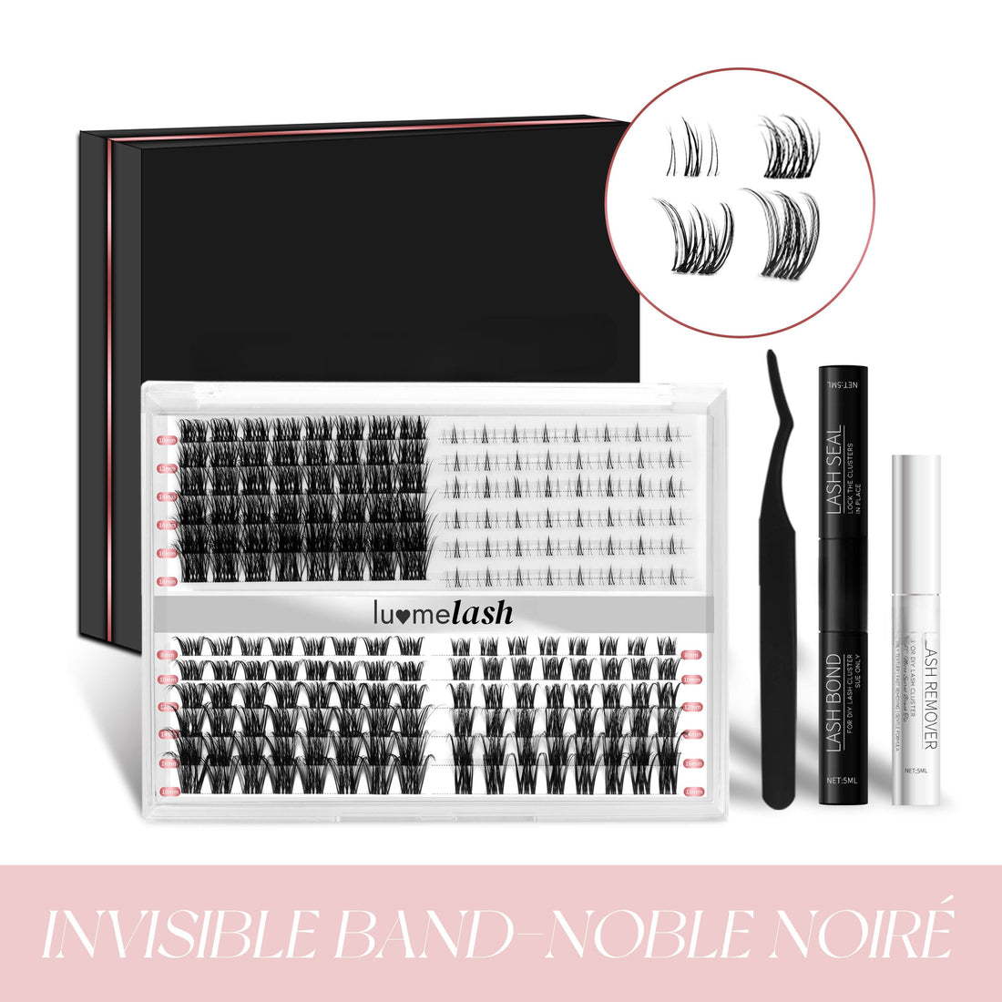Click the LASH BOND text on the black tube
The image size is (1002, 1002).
[x=833, y=701]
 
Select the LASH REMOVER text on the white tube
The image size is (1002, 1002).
[x=928, y=692]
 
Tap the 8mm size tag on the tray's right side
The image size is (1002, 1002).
[x=691, y=655]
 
